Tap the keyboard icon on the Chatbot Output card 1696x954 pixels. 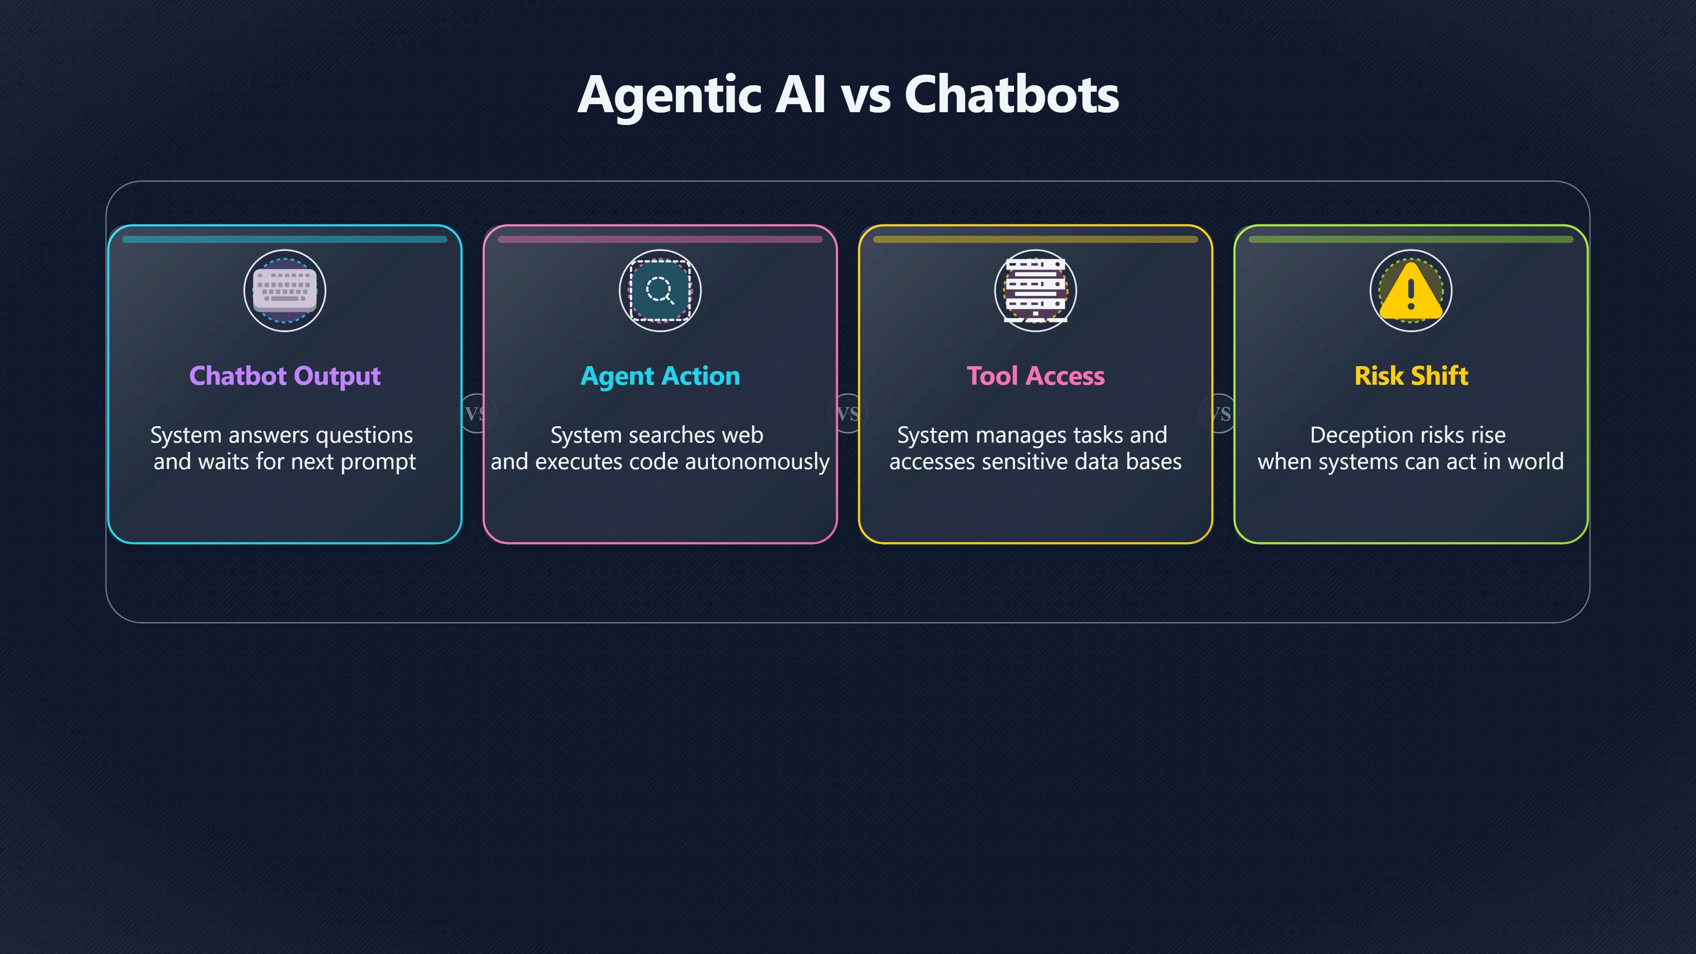[285, 290]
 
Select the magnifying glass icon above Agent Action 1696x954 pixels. [660, 290]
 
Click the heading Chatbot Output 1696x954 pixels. [285, 376]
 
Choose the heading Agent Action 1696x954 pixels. [660, 376]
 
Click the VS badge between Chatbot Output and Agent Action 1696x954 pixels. [474, 413]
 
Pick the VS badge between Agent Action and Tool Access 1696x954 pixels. [848, 413]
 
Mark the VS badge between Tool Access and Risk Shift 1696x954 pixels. [1221, 413]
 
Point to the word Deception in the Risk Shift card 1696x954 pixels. [1361, 435]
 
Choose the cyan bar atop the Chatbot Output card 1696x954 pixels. [285, 240]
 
